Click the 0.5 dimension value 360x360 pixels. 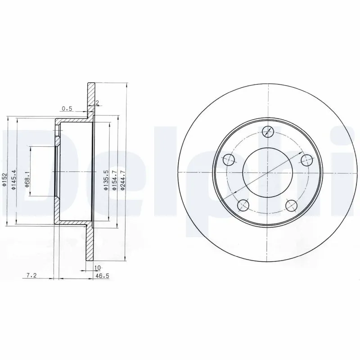(67, 108)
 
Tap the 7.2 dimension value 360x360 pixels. (31, 275)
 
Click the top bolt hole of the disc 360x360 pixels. (267, 131)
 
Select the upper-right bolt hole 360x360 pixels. (306, 159)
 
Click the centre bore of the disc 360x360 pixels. (267, 172)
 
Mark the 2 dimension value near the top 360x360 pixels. (97, 103)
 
